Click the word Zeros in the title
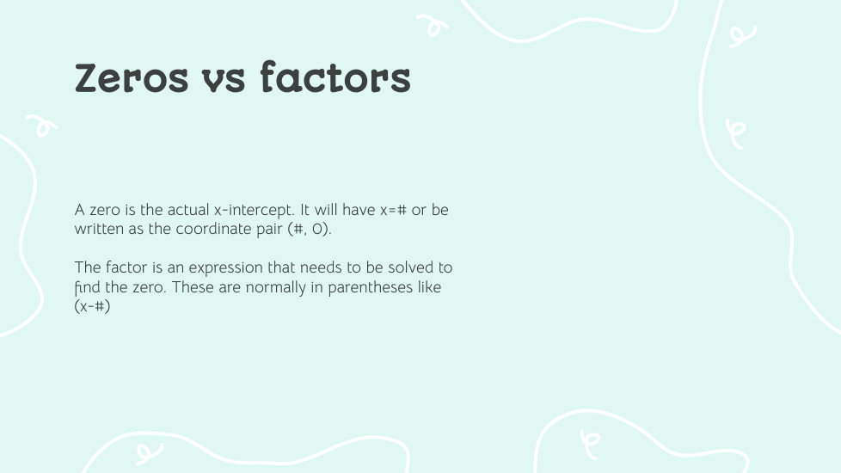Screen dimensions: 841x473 [132, 78]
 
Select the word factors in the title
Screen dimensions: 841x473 [335, 77]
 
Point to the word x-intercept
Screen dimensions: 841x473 [255, 210]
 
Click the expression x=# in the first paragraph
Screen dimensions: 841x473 [393, 210]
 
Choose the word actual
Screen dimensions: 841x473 [187, 210]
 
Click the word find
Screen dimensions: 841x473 [88, 287]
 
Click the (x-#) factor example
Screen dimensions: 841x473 [92, 306]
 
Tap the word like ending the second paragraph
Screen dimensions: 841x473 [428, 287]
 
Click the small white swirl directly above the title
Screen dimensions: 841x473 [433, 25]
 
